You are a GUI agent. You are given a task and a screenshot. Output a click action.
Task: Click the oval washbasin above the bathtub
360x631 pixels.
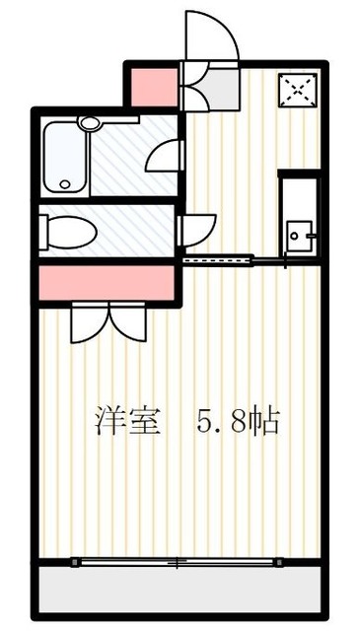coord(92,124)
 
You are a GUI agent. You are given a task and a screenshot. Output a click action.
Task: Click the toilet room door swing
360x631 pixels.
coord(195,229)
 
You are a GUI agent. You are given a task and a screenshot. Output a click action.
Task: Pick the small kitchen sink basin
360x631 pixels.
coord(297,237)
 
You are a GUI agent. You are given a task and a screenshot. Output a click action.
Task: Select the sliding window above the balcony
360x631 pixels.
coord(178,563)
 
